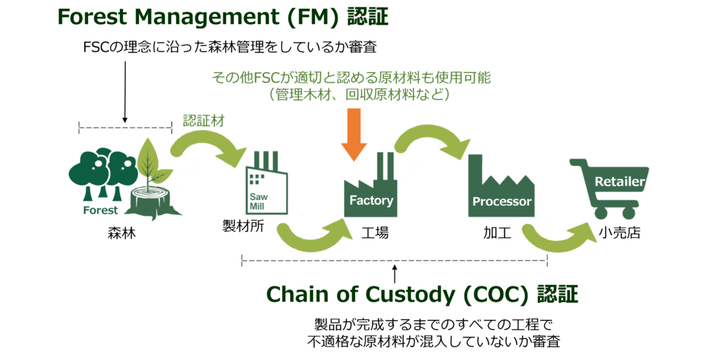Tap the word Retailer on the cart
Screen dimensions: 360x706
619,181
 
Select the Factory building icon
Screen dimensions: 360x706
370,193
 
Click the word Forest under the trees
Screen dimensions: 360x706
101,210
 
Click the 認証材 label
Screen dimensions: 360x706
203,120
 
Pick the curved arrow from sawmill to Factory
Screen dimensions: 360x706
310,238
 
